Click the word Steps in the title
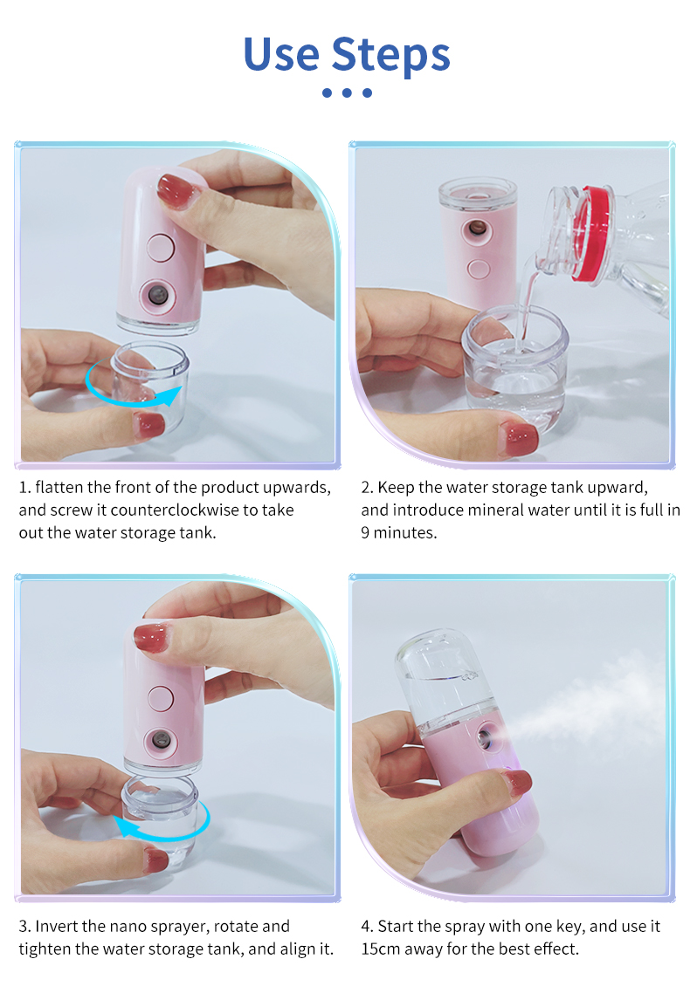390,55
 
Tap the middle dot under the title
347,92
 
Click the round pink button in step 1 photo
161,247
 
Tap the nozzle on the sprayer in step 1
158,292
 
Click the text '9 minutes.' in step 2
398,532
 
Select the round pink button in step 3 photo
161,697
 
